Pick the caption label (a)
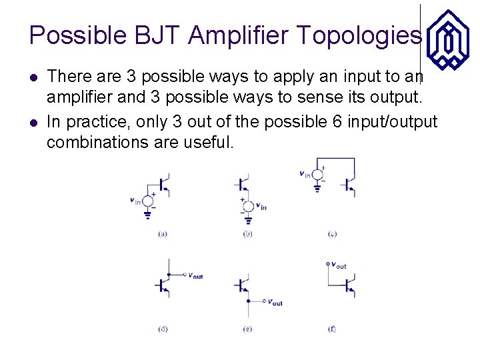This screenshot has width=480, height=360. click(x=163, y=234)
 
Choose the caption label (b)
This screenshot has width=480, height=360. click(x=247, y=234)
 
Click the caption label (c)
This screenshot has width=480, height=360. click(x=332, y=234)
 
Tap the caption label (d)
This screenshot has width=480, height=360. click(x=163, y=329)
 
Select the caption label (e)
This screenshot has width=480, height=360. click(x=247, y=329)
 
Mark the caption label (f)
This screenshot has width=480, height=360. click(x=332, y=329)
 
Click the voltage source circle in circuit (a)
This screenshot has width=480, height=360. click(x=149, y=200)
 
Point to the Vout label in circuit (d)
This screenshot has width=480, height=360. click(x=195, y=275)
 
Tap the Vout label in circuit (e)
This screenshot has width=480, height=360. click(x=275, y=302)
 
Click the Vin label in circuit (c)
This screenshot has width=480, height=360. click(x=305, y=174)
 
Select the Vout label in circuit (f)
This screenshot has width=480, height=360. click(x=339, y=265)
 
